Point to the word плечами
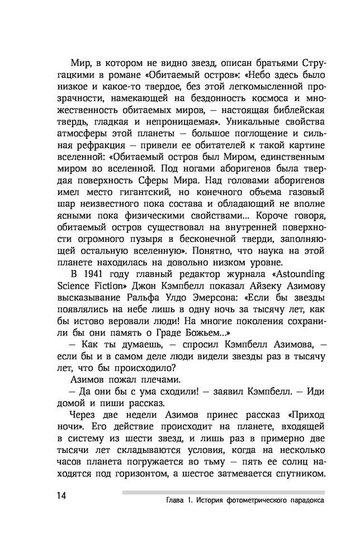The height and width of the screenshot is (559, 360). (134, 380)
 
